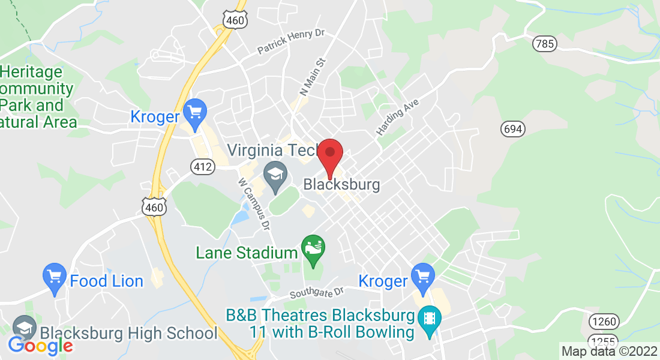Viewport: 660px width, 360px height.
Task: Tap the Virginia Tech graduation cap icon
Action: click(275, 176)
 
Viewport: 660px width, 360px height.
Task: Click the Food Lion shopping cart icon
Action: click(55, 278)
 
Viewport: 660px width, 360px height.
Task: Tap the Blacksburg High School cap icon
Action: click(25, 328)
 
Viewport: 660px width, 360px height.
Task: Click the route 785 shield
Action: click(544, 44)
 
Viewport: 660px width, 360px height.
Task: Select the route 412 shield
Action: click(202, 167)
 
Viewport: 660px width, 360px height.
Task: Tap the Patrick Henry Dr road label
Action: click(290, 43)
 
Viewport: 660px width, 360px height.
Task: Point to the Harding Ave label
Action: click(397, 116)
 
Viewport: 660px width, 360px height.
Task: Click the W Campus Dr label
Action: click(254, 203)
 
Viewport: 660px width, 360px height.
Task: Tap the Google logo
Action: click(40, 346)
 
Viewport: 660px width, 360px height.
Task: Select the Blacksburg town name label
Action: click(341, 184)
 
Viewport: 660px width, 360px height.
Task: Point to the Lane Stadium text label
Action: click(247, 253)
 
